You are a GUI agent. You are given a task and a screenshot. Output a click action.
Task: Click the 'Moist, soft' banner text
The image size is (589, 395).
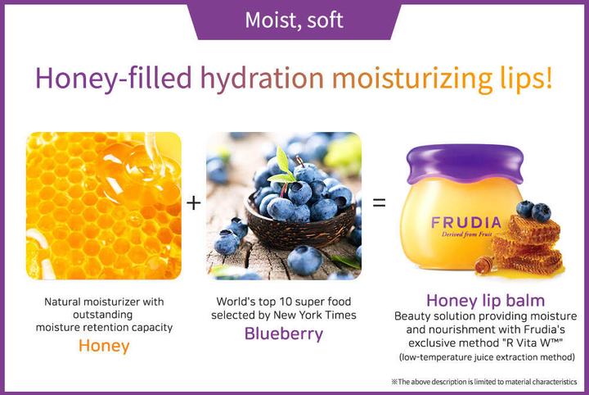point(294,20)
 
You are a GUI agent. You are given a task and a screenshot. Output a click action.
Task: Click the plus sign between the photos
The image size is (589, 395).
point(194,202)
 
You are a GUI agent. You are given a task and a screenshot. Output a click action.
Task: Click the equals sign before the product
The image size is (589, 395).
point(380,202)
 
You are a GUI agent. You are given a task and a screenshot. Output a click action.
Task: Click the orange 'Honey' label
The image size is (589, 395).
point(104,345)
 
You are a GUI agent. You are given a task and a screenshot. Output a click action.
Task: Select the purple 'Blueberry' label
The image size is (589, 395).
point(283,334)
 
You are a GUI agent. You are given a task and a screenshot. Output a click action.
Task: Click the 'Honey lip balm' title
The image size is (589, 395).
point(486,300)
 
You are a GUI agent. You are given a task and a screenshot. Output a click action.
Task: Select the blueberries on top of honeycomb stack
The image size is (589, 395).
point(531,211)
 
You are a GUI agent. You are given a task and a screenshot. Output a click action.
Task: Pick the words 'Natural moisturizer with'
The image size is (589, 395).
point(104,302)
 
